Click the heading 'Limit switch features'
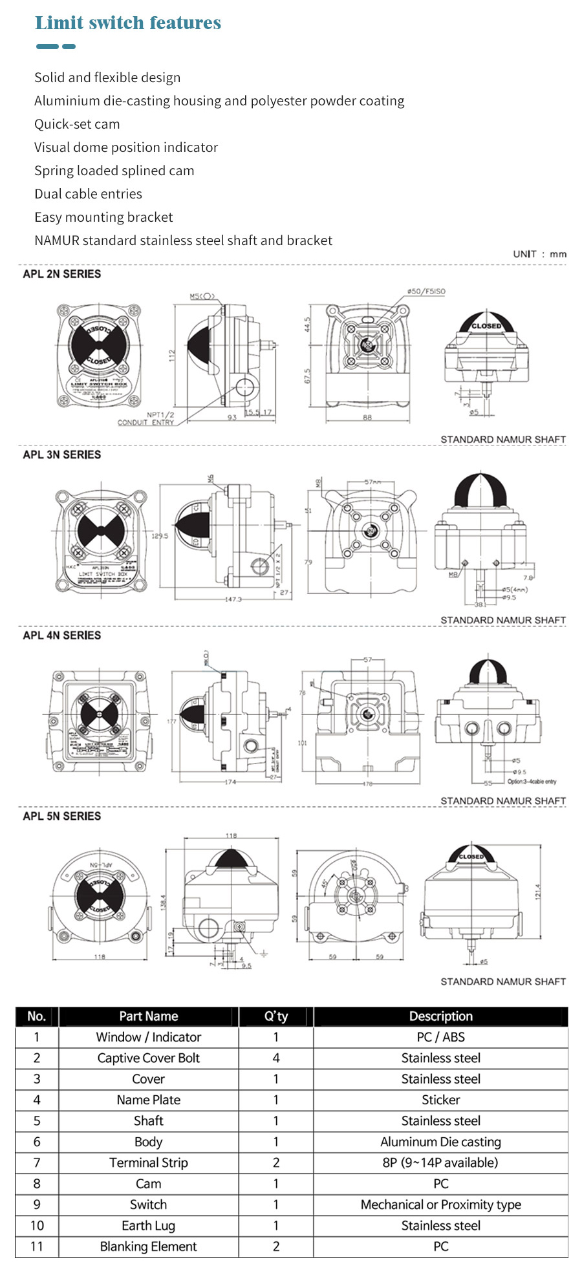pos(128,23)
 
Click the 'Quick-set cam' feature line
pos(77,124)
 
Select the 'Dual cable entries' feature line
pos(88,194)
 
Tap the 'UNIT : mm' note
pos(539,254)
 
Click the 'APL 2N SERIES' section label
pos(62,274)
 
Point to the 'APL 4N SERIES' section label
pos(62,636)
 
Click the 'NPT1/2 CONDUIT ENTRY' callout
pos(146,418)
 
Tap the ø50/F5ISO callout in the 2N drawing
pos(426,292)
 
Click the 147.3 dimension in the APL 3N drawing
pos(233,599)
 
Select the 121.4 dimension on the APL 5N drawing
pos(537,892)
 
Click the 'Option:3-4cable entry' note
pos(532,782)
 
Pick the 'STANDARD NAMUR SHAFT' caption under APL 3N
pos(503,620)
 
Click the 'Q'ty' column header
pos(276,1016)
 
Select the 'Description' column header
pos(440,1016)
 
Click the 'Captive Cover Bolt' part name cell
pos(148,1058)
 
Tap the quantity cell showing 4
pos(276,1058)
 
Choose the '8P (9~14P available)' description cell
pos(440,1163)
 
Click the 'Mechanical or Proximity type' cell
pos(440,1205)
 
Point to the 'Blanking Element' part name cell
pos(148,1247)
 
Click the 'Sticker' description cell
pos(440,1100)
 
